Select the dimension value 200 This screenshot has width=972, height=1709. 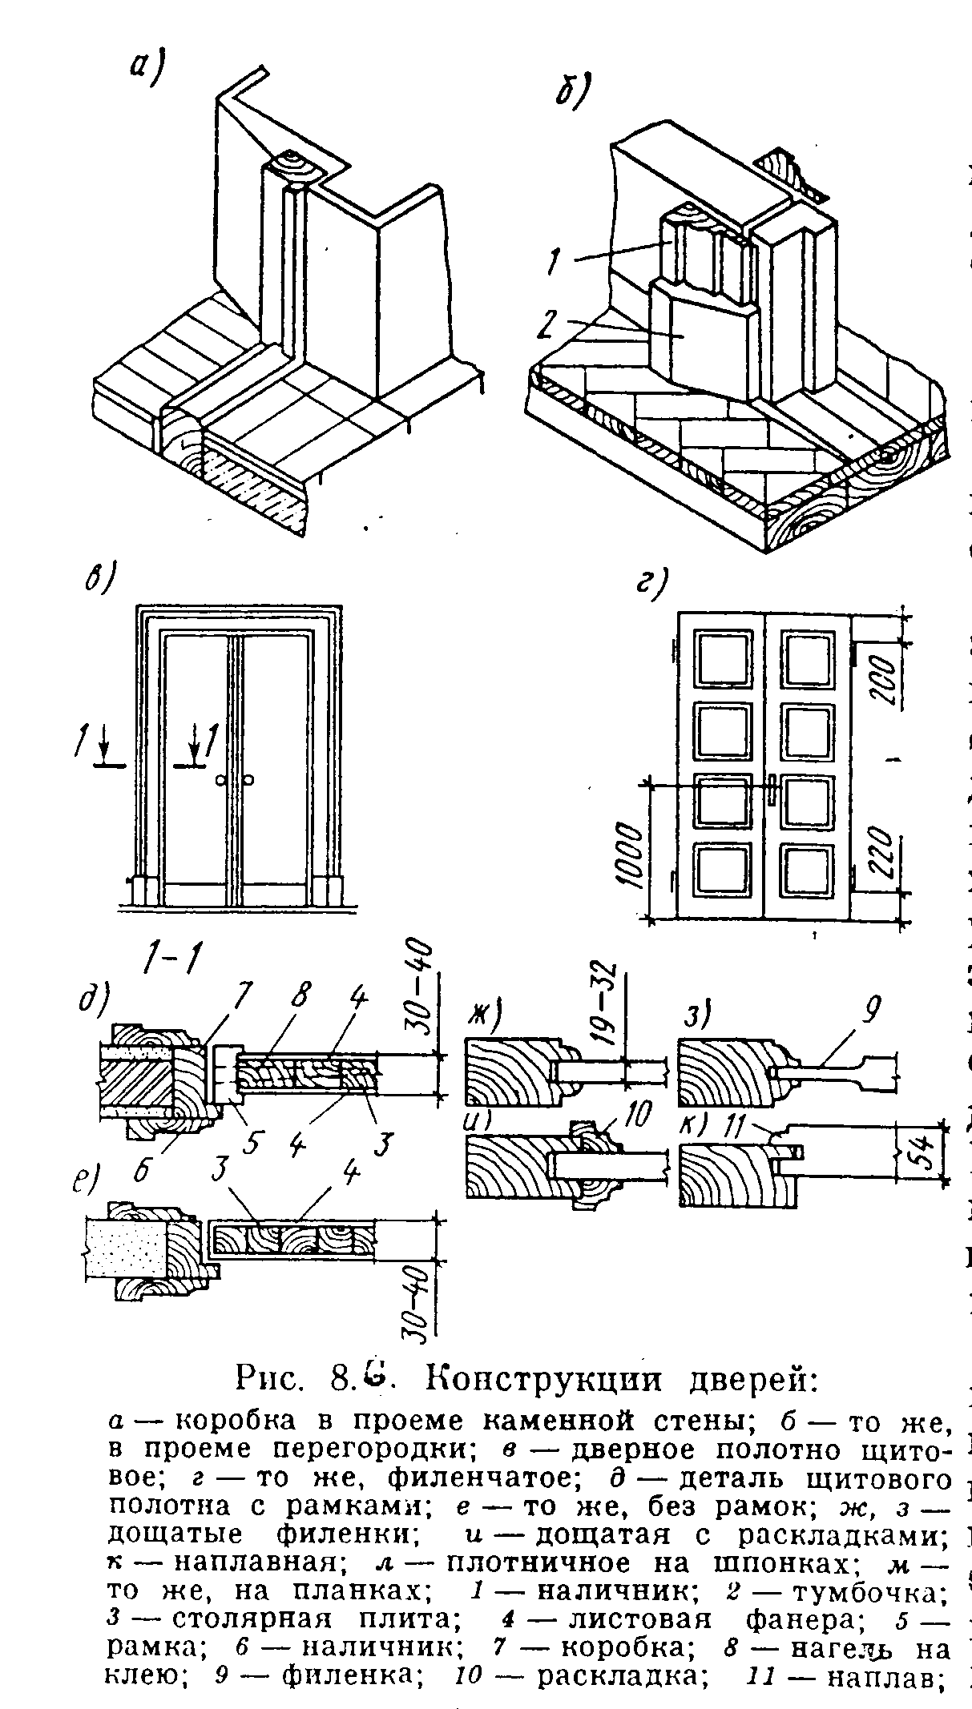(x=881, y=679)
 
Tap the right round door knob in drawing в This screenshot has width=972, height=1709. (x=249, y=780)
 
